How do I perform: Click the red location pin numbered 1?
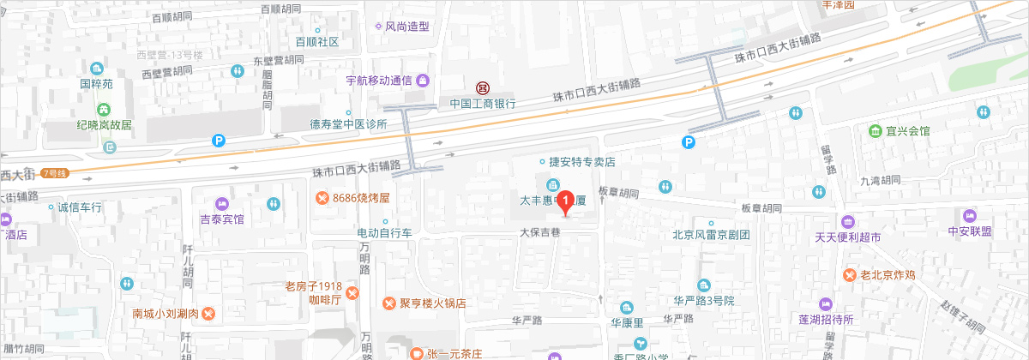click(x=565, y=201)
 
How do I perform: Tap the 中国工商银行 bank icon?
click(x=483, y=88)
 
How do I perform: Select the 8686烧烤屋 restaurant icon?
click(x=322, y=198)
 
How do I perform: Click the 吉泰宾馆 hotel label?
click(x=222, y=219)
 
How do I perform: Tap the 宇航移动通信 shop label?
click(x=380, y=81)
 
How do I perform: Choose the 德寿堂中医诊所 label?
click(x=349, y=124)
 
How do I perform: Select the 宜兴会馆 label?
click(x=908, y=131)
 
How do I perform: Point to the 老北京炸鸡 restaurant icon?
click(x=848, y=275)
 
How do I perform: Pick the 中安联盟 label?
click(x=970, y=231)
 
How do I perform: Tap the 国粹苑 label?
click(x=96, y=84)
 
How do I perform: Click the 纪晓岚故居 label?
click(x=104, y=124)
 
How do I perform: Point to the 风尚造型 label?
click(x=406, y=27)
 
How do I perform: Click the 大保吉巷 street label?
click(x=539, y=231)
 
